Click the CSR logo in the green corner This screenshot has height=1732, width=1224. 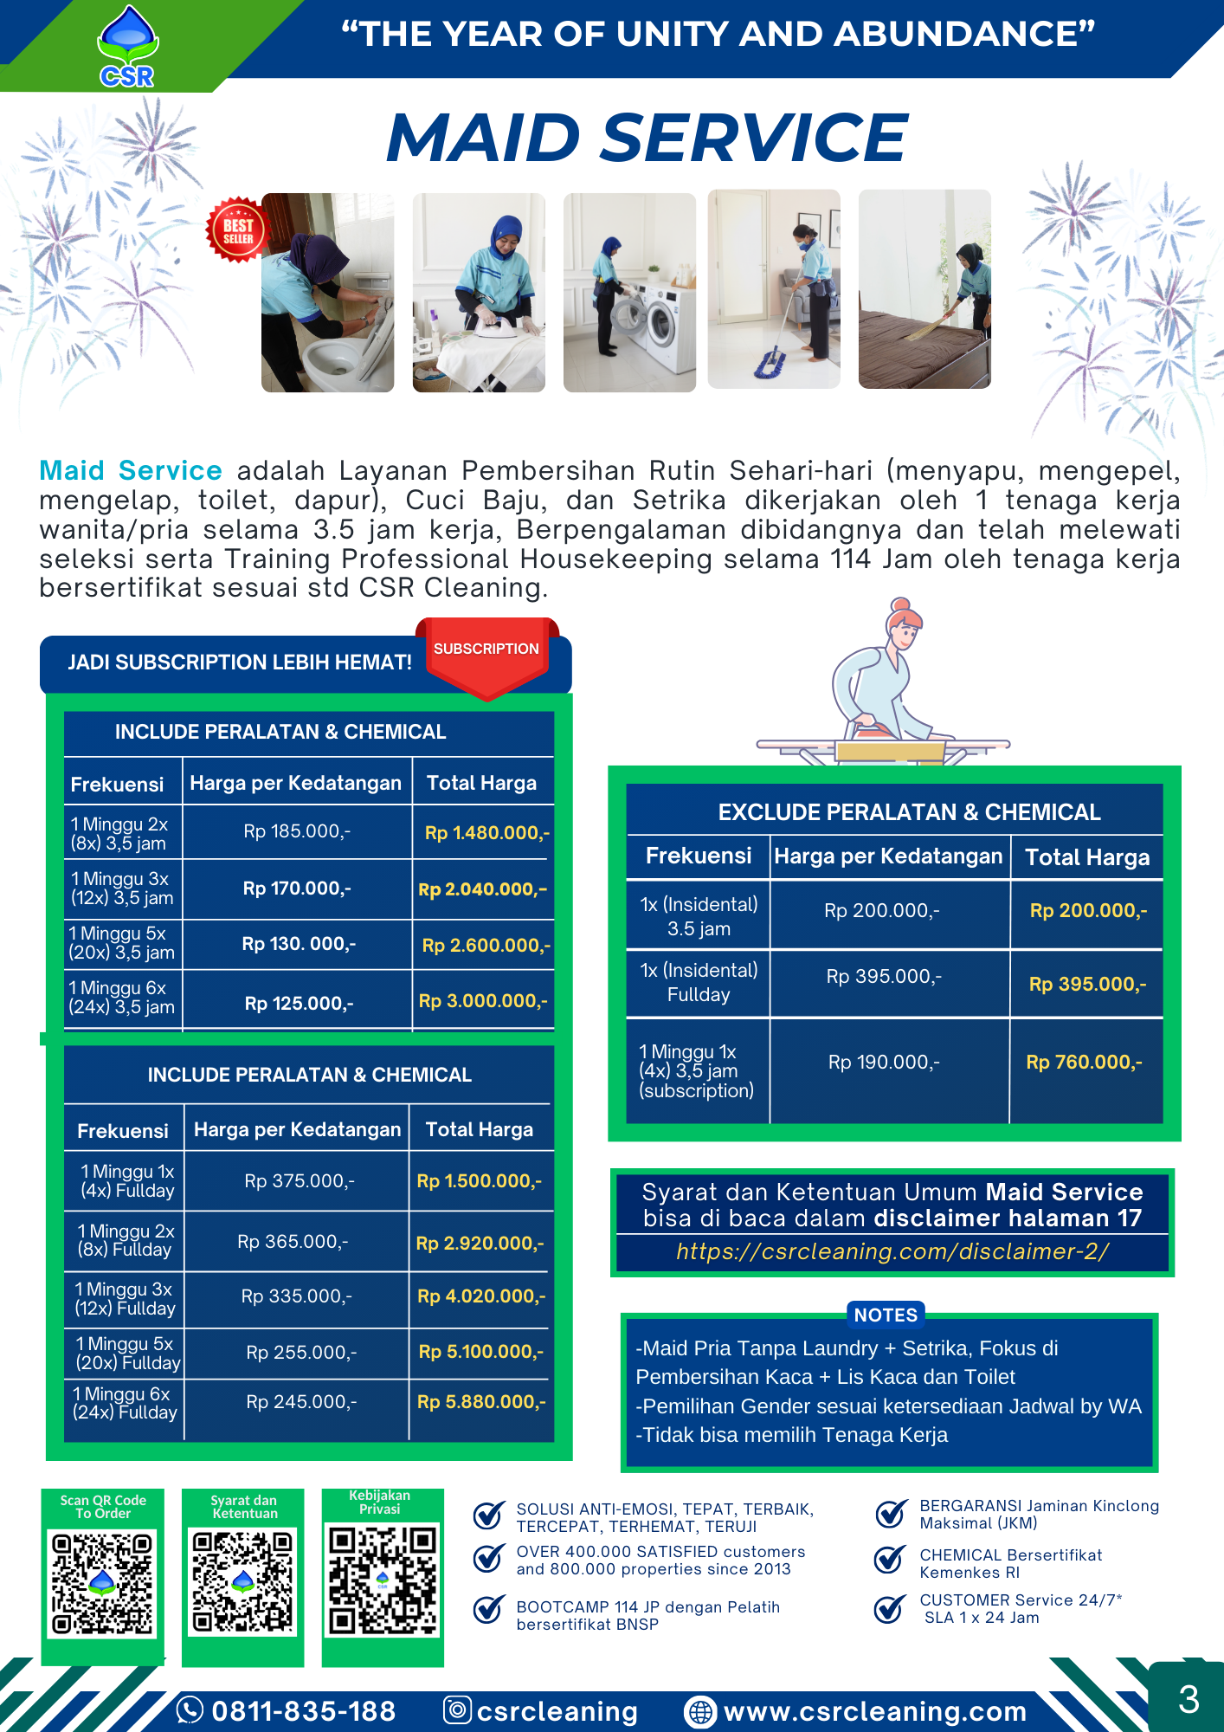tap(127, 48)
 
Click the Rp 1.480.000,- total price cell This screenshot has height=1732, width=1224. tap(486, 833)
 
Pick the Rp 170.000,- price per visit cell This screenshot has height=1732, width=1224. tap(297, 889)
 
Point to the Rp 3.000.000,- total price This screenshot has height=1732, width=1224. tap(483, 1001)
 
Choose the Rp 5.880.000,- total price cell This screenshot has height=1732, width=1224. tap(481, 1402)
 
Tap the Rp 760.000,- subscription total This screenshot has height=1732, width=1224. tap(1084, 1063)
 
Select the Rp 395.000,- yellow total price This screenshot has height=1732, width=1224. tap(1087, 985)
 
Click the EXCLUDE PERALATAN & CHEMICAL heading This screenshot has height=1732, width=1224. tap(909, 812)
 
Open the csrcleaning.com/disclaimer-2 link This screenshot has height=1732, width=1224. tap(892, 1251)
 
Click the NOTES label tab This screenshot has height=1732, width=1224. tap(886, 1315)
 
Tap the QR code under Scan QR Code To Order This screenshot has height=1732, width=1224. tap(102, 1583)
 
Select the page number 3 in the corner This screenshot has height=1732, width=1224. tap(1189, 1699)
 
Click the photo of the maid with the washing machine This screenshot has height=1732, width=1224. tap(629, 293)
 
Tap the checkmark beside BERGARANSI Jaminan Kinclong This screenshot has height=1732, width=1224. tap(891, 1514)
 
